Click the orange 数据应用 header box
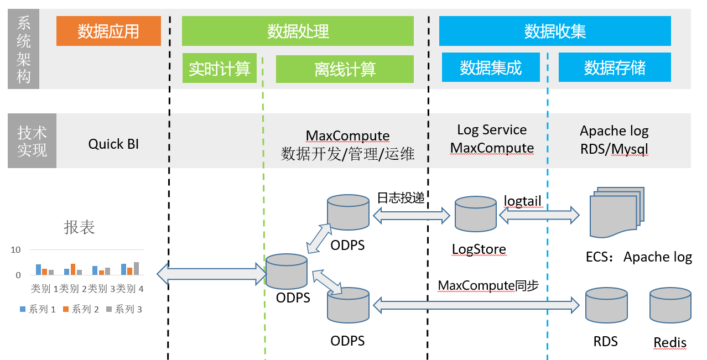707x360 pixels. coord(108,31)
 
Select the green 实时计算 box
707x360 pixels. coord(220,68)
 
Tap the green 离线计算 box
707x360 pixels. coord(345,68)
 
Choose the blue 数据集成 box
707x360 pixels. coord(491,67)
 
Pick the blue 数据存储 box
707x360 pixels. coord(615,67)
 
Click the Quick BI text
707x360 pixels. coord(113,144)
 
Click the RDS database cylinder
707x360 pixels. coord(606,306)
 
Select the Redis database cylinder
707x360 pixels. coord(670,306)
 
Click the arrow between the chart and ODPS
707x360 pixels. coord(212,273)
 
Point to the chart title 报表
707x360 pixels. coord(80,227)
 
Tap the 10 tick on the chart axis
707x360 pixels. coord(15,250)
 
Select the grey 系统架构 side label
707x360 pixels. coord(24,49)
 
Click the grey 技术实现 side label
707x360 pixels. coord(32,141)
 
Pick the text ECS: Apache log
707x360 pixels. coord(638,257)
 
